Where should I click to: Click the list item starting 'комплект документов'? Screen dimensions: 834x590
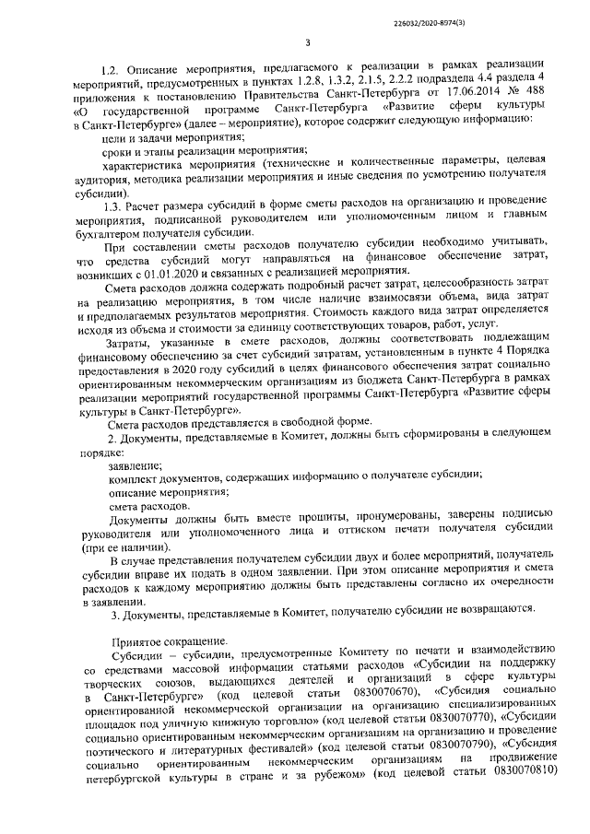click(294, 477)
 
